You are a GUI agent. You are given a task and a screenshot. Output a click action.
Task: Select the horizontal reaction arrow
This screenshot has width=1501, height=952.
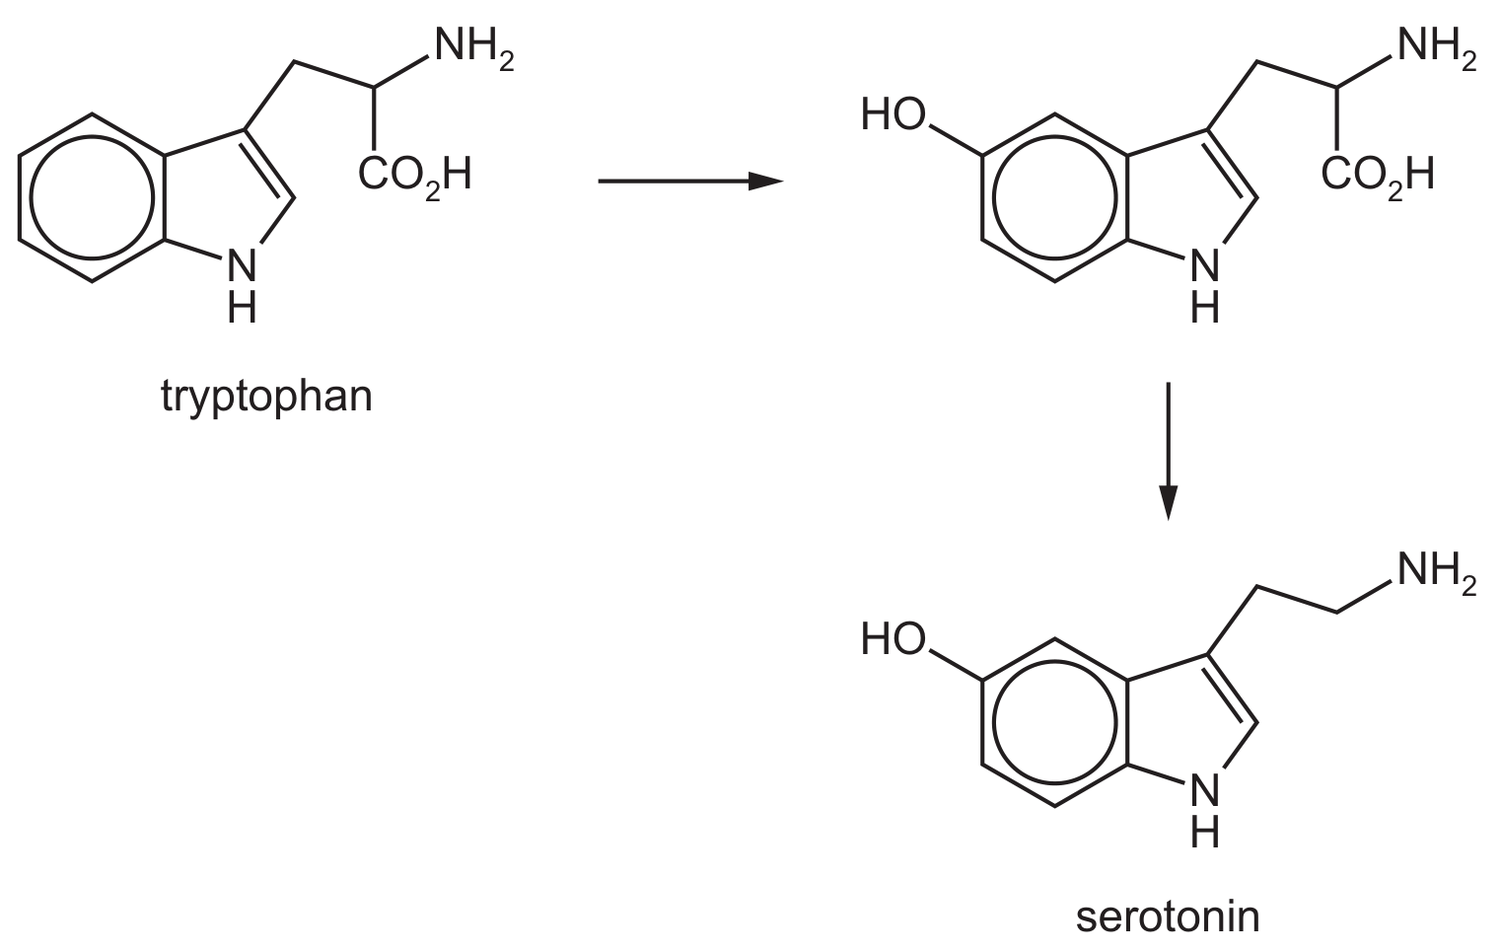[x=691, y=181]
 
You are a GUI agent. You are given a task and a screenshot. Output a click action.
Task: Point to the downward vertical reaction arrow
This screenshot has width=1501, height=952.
[x=1169, y=451]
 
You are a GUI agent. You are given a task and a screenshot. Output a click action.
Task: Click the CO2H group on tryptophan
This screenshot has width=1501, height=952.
[x=415, y=177]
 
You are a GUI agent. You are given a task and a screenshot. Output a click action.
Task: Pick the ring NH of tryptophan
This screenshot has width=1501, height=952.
[x=242, y=287]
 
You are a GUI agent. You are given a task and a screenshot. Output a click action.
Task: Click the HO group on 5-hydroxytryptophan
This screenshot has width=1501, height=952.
[x=893, y=114]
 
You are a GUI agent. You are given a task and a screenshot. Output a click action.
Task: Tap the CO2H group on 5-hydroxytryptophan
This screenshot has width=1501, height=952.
[x=1378, y=177]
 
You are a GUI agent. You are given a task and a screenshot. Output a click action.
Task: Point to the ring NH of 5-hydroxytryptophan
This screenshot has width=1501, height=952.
[x=1205, y=287]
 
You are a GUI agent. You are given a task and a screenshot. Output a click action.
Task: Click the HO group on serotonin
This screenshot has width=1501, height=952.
[x=893, y=639]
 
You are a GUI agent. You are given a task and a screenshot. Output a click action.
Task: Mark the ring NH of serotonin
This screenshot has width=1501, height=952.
[x=1205, y=812]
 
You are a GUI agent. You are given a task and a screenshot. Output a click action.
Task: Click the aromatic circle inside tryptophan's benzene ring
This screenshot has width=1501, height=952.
[x=31, y=197]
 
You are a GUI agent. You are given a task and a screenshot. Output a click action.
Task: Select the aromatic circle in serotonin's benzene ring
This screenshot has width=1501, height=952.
[x=993, y=723]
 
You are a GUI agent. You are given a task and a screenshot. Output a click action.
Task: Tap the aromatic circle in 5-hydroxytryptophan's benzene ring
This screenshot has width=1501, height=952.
[x=993, y=197]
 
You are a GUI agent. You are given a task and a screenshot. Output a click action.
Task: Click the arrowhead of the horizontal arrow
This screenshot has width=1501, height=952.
[x=766, y=181]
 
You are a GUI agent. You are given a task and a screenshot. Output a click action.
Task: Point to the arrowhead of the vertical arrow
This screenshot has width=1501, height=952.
[x=1169, y=503]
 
